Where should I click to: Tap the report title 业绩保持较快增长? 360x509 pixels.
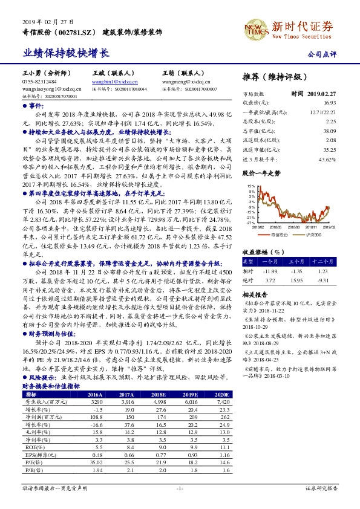coord(66,53)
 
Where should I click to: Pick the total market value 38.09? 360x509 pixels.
coord(329,131)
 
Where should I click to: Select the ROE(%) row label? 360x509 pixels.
coord(33,446)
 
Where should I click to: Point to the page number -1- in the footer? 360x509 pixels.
coord(180,487)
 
